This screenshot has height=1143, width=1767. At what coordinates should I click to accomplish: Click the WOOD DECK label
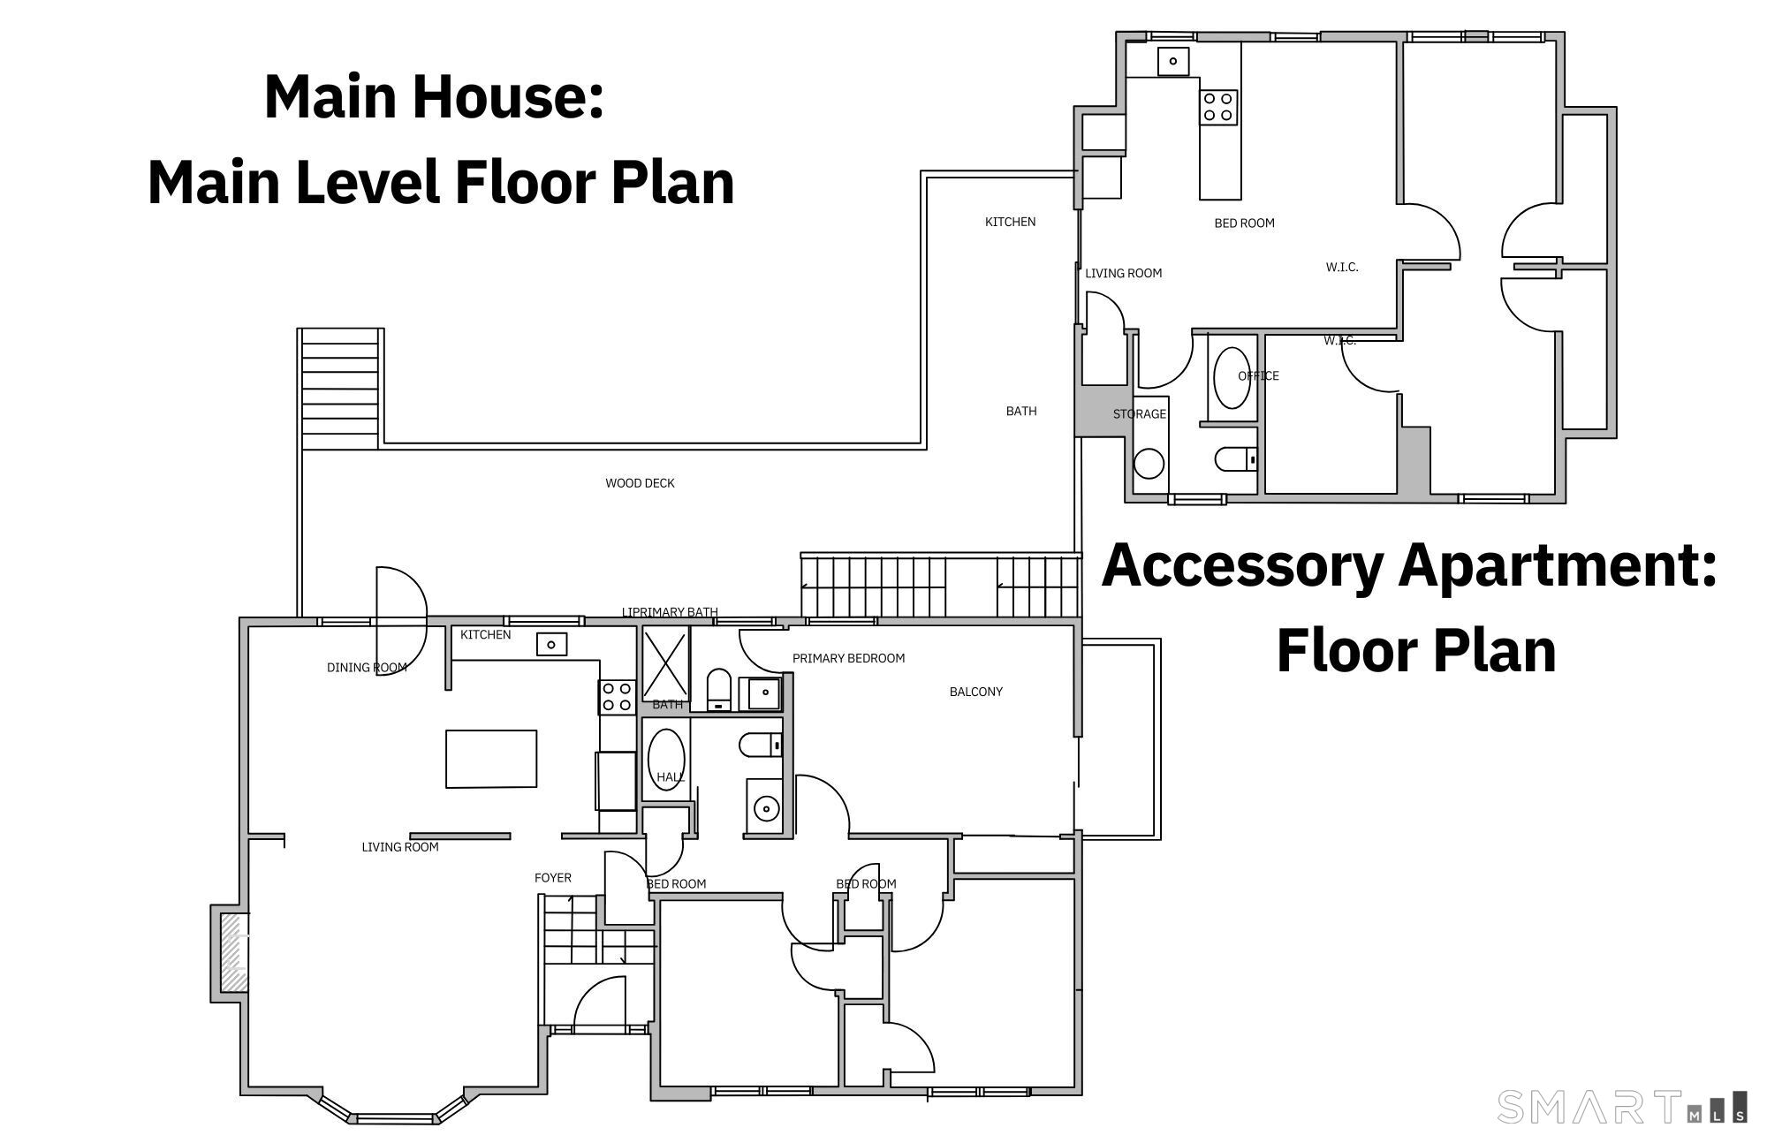coord(640,483)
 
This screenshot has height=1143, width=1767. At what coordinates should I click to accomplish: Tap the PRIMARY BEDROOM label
coord(848,658)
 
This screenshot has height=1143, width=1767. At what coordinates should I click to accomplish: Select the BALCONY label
coord(975,692)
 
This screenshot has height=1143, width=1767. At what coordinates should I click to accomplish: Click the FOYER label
coord(553,878)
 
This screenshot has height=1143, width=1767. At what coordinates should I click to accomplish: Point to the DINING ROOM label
coord(367,668)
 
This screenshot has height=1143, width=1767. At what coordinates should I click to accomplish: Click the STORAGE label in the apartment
coord(1139,414)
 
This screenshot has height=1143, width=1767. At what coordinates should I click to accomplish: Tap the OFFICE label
coord(1258,376)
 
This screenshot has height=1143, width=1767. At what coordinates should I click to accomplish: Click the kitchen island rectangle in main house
coord(491,759)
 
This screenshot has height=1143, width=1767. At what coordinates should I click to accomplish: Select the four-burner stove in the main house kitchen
coord(617,697)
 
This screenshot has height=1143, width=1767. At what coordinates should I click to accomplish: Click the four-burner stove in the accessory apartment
coord(1217,107)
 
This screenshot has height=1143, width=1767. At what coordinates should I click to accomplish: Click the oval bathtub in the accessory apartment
coord(1232,378)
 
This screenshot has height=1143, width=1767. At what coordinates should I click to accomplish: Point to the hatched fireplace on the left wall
coord(232,953)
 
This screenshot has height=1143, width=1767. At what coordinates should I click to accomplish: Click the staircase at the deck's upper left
coord(340,389)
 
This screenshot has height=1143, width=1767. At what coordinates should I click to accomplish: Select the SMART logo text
coord(1589,1106)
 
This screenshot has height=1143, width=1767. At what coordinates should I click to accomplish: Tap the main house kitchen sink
coord(551,645)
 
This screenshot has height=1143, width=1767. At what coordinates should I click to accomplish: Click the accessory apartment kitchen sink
coord(1172,61)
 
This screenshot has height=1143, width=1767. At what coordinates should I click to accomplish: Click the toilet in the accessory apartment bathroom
coord(1235,459)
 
